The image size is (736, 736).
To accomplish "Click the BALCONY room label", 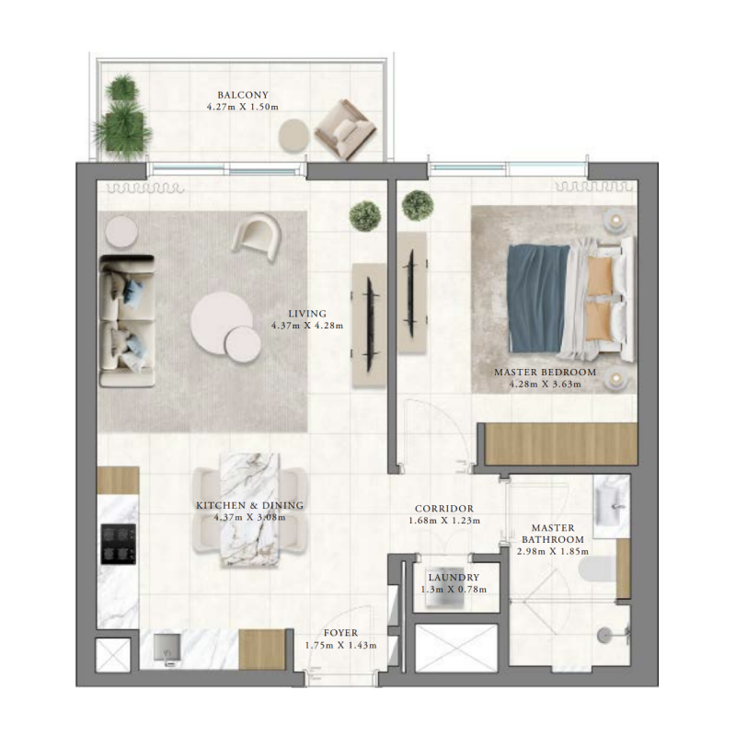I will click(243, 95).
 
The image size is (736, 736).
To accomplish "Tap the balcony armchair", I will click(344, 130).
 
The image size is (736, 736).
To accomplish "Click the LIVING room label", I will click(307, 313).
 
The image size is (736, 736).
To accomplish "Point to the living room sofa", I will click(128, 320).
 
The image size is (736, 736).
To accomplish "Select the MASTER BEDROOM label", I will click(545, 372).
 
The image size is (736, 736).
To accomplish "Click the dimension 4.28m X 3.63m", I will click(545, 384).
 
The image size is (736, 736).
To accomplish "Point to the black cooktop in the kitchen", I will click(119, 543).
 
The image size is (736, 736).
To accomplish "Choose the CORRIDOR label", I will click(444, 508).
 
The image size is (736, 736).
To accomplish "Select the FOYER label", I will click(340, 633).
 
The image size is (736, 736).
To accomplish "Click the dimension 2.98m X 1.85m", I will click(552, 551).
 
